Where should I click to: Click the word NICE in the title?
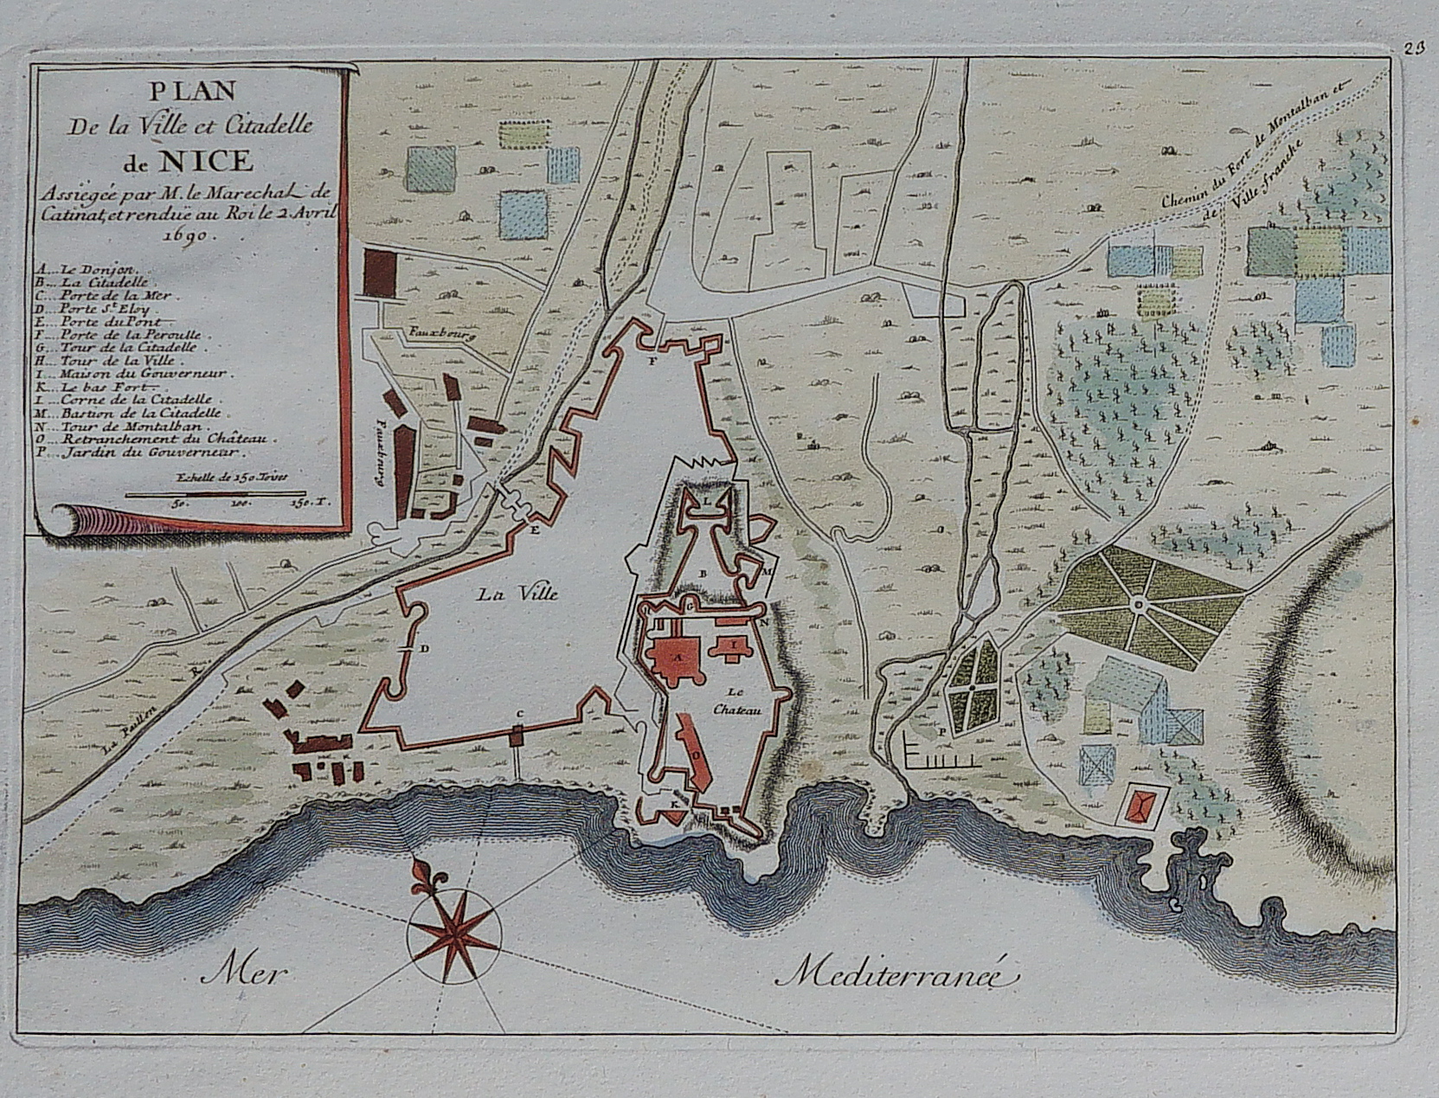(205, 161)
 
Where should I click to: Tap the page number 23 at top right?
(1415, 48)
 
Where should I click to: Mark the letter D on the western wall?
(424, 649)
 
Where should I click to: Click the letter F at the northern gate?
(653, 362)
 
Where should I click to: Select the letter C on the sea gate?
(518, 713)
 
